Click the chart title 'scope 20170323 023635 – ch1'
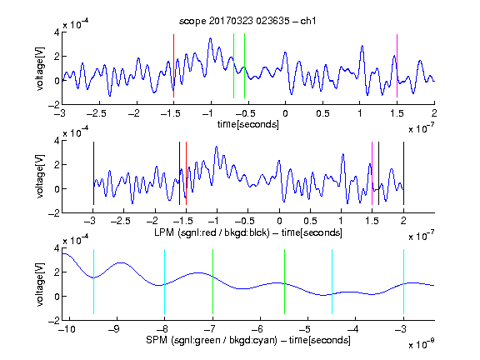pyautogui.click(x=247, y=21)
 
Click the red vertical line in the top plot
pyautogui.click(x=174, y=66)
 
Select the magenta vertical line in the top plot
pyautogui.click(x=397, y=66)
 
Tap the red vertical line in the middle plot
pyautogui.click(x=186, y=173)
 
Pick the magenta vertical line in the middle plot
pyautogui.click(x=372, y=173)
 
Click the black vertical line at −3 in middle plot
pyautogui.click(x=93, y=173)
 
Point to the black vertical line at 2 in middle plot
pyautogui.click(x=403, y=173)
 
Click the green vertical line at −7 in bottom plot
pyautogui.click(x=212, y=282)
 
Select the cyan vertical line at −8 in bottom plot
pyautogui.click(x=165, y=282)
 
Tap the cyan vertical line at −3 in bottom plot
pyautogui.click(x=403, y=282)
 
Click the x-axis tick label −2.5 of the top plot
pyautogui.click(x=97, y=113)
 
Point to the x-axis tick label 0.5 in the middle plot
pyautogui.click(x=310, y=221)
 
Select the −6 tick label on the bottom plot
pyautogui.click(x=257, y=329)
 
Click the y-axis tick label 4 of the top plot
pyautogui.click(x=57, y=32)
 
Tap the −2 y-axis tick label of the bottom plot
pyautogui.click(x=54, y=321)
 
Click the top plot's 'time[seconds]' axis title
pyautogui.click(x=248, y=124)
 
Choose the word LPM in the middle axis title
pyautogui.click(x=164, y=232)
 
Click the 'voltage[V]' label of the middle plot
pyautogui.click(x=40, y=176)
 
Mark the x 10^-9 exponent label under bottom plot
pyautogui.click(x=422, y=344)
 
